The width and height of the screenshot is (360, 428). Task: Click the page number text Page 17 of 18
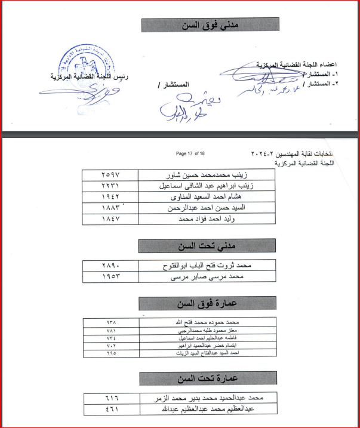[190, 153]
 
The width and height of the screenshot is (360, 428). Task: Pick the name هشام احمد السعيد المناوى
[213, 198]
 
